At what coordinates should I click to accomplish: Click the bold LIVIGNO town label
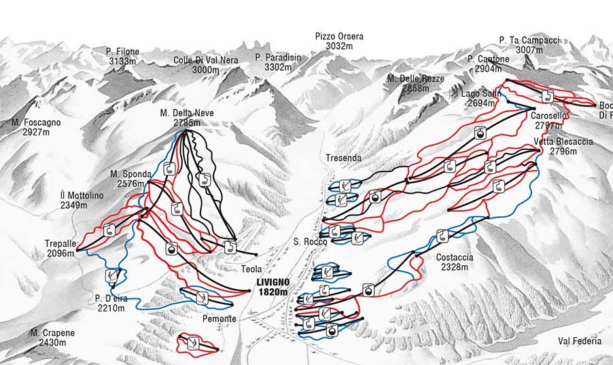click(x=273, y=282)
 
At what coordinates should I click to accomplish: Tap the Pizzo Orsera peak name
click(x=338, y=36)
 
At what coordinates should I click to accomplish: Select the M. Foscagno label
click(x=36, y=122)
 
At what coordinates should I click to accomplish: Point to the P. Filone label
click(x=123, y=51)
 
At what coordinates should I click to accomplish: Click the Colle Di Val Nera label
click(x=206, y=60)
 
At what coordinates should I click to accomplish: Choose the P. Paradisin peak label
click(x=278, y=58)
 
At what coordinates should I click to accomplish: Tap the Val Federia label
click(x=579, y=341)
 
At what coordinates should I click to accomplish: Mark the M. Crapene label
click(x=52, y=333)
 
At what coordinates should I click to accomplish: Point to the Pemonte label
click(x=219, y=319)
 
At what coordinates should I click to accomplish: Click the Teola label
click(x=251, y=269)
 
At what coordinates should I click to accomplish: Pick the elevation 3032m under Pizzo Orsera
click(x=338, y=46)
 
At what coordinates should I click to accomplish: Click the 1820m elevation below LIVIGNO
click(x=273, y=292)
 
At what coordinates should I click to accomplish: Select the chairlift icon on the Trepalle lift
click(x=109, y=231)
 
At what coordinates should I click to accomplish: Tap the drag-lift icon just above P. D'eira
click(x=111, y=276)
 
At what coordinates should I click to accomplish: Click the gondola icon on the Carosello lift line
click(x=480, y=133)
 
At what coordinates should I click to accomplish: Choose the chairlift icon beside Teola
click(x=230, y=247)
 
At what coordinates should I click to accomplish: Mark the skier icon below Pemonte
click(x=193, y=343)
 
